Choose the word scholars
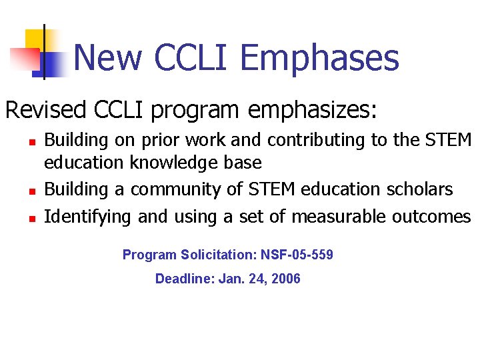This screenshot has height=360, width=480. [x=420, y=190]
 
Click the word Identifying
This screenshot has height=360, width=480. [x=87, y=217]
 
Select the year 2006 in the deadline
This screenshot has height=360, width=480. [x=285, y=279]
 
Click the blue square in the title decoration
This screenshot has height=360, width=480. [x=53, y=65]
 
